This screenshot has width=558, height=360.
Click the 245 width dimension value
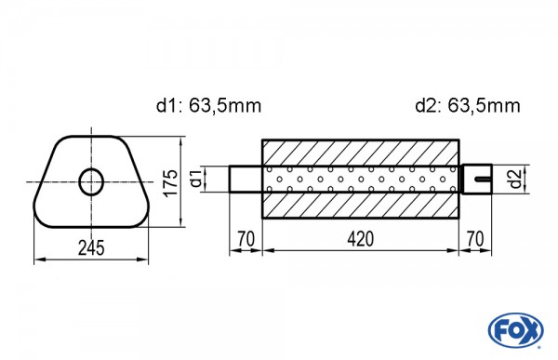90,247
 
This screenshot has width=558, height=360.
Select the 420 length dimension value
361,239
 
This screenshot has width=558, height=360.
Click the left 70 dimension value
246,239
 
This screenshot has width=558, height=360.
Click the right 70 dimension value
476,239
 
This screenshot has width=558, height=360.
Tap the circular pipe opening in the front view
91,181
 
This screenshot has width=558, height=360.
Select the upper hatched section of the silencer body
361,152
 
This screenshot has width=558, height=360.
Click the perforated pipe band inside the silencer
361,179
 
